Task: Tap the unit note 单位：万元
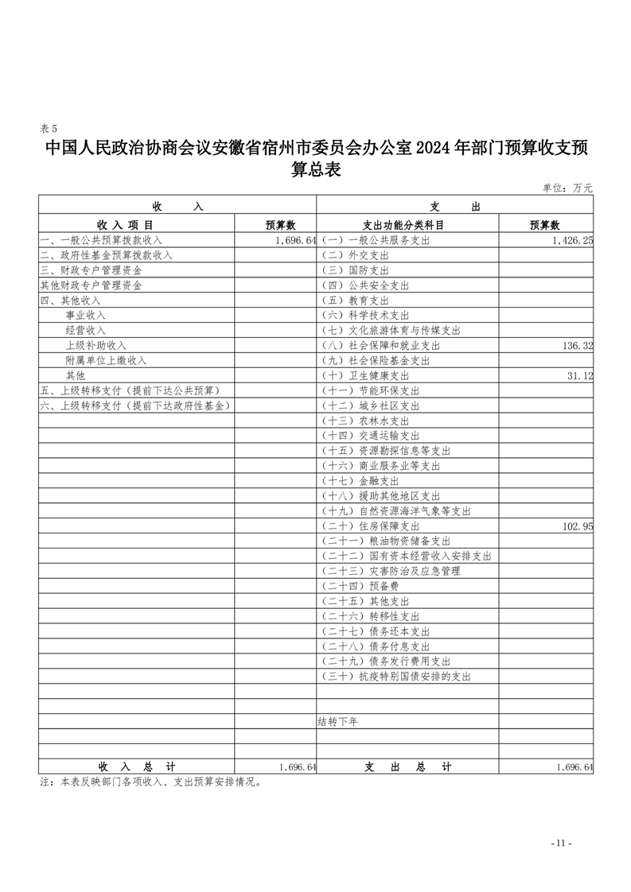(567, 188)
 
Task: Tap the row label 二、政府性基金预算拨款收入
(107, 255)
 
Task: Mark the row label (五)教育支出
(354, 301)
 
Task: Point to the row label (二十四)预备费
(360, 586)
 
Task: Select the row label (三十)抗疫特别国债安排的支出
(395, 677)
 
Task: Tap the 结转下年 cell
(338, 722)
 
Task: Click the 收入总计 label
(137, 766)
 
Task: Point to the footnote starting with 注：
(151, 782)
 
